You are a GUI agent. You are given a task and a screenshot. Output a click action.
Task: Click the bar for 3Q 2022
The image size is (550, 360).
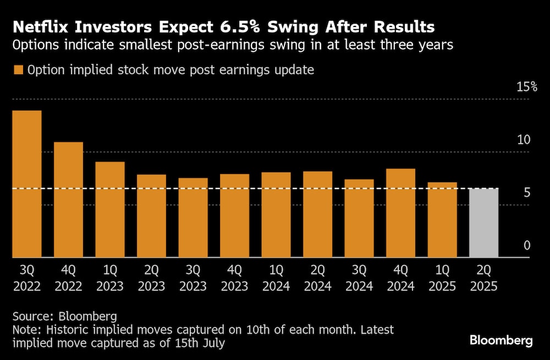[27, 184]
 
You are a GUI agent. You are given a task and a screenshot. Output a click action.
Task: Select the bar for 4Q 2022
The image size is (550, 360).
[68, 199]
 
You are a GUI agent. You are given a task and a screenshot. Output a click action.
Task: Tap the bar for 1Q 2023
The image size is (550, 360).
[110, 209]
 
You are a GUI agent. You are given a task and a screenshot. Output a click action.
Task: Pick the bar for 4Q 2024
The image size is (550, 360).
[400, 212]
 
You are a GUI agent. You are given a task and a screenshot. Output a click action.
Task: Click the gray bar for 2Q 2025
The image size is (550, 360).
[483, 222]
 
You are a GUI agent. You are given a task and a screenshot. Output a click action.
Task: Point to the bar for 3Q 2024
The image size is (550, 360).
[359, 218]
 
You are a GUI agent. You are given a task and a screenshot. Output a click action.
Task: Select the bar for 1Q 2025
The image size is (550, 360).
[442, 220]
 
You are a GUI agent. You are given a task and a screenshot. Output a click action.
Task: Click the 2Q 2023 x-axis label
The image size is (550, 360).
[151, 278]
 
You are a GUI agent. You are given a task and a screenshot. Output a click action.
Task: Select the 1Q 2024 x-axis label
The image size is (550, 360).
[276, 278]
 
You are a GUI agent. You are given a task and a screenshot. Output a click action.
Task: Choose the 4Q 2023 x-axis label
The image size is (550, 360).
[234, 278]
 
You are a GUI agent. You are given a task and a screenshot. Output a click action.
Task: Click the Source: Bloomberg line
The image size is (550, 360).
[65, 317]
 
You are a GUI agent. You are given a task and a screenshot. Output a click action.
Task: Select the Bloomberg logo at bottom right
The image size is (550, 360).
[501, 340]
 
